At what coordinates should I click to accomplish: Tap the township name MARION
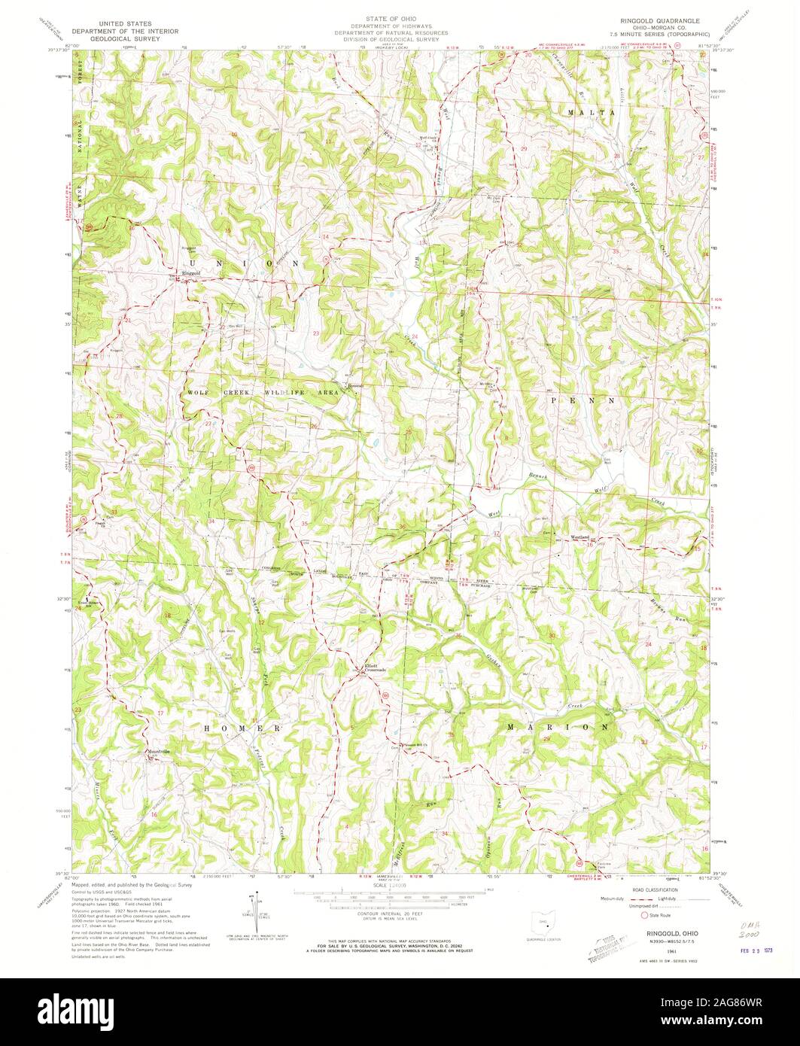pos(558,728)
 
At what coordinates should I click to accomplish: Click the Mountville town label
pos(158,752)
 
